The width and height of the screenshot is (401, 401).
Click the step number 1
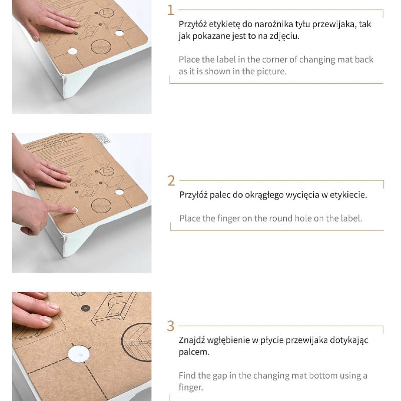coord(170,10)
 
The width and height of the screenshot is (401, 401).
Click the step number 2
coord(171,181)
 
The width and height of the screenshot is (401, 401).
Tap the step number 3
coord(170,326)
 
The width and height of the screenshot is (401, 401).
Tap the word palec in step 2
coord(220,195)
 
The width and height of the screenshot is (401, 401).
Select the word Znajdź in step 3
coord(191,340)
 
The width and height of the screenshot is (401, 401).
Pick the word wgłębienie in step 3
coord(228,341)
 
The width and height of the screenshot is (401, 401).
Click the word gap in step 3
coord(220,376)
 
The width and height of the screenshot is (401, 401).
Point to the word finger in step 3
coord(191,387)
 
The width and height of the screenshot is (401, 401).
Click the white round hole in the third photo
coord(79,354)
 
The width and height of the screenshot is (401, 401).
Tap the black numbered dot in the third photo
coord(85,308)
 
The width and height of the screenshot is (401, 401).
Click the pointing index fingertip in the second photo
coord(73,210)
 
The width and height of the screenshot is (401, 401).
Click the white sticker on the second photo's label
coord(102,138)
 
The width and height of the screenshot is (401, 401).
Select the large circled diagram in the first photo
coord(101,47)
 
